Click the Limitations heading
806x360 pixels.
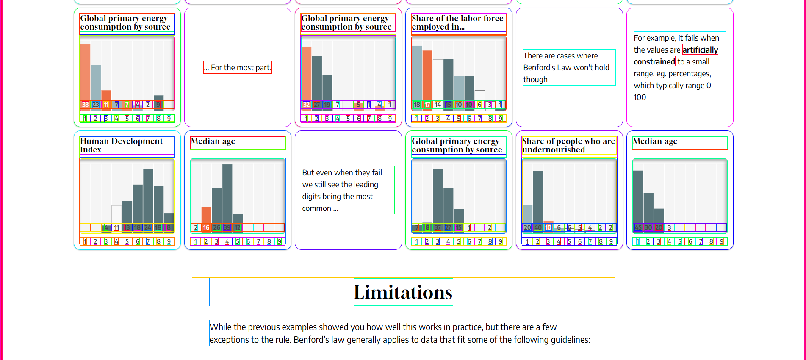point(403,292)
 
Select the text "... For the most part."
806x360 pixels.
point(238,68)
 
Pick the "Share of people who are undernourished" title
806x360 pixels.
point(568,145)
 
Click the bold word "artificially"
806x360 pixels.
point(700,50)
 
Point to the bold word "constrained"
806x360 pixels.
point(654,62)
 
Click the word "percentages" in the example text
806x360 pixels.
point(689,74)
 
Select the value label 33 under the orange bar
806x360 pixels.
point(85,105)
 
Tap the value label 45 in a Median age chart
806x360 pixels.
point(638,227)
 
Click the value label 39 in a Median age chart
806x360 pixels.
point(227,227)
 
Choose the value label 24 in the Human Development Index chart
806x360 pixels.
point(148,227)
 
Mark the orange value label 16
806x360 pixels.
point(206,227)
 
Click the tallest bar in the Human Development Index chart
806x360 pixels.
point(148,195)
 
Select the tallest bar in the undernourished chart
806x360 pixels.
point(538,195)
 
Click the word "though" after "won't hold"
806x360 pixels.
point(535,80)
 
